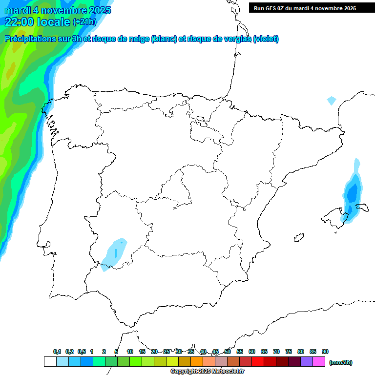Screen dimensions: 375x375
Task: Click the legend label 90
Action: point(325,352)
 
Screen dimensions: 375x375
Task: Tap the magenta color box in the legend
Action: point(319,362)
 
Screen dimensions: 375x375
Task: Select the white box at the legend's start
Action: point(50,362)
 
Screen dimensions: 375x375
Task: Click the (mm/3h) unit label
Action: point(341,362)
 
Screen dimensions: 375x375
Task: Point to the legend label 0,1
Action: point(57,352)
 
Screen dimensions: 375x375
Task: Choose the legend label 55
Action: point(240,352)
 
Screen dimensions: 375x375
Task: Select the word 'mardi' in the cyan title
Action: point(18,10)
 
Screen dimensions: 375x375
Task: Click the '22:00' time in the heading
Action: point(20,22)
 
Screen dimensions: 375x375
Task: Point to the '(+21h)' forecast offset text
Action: point(84,22)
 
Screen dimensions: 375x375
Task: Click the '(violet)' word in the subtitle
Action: point(266,39)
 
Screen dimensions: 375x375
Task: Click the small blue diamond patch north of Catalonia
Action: point(332,101)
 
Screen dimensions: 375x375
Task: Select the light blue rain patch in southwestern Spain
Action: point(115,252)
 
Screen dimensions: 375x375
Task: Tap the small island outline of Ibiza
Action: point(298,238)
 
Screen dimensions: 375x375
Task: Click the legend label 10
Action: point(130,352)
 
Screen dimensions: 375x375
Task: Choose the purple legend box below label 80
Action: point(307,362)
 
